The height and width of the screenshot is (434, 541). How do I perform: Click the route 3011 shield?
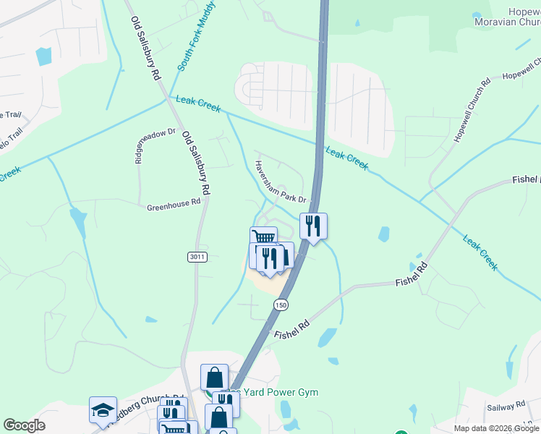(197, 257)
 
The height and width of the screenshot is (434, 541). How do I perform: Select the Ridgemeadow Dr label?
(138, 147)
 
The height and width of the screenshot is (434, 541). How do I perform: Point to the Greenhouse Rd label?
(173, 205)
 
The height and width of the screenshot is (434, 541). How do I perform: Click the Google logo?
(24, 425)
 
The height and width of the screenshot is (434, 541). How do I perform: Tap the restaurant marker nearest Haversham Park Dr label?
(312, 226)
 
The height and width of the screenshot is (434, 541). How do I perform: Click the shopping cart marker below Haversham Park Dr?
(264, 239)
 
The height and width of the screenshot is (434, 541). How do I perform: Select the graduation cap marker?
(103, 409)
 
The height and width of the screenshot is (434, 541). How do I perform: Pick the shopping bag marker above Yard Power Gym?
(215, 377)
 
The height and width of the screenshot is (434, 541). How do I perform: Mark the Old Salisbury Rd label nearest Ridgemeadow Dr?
(195, 162)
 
